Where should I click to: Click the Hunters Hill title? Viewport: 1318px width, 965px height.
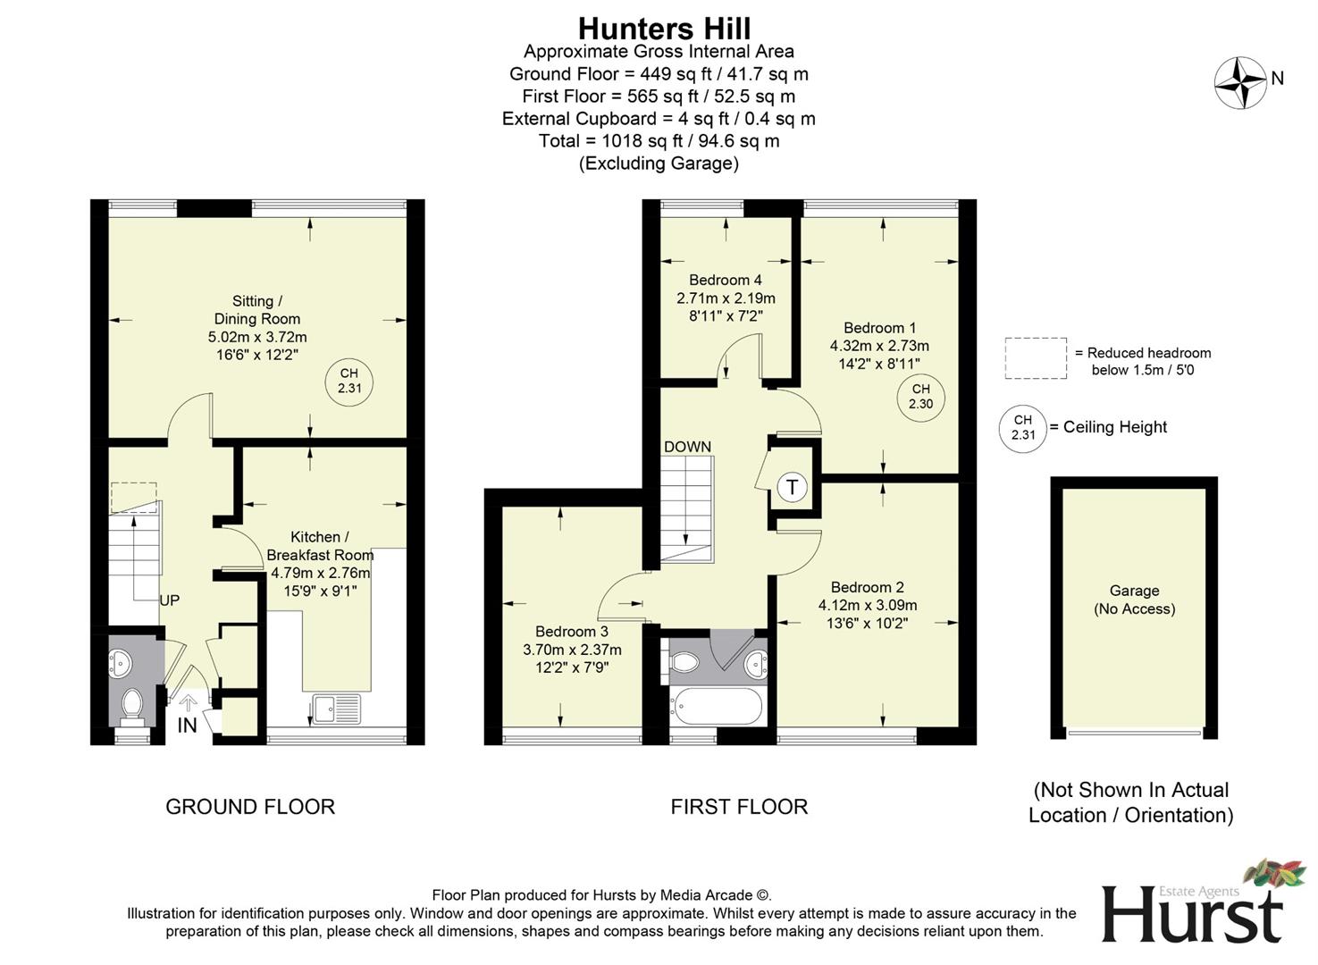pyautogui.click(x=664, y=29)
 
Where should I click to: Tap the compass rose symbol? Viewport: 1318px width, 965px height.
pyautogui.click(x=1240, y=82)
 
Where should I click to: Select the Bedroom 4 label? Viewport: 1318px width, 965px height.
pyautogui.click(x=725, y=280)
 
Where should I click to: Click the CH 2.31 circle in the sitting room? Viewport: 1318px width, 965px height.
pyautogui.click(x=348, y=382)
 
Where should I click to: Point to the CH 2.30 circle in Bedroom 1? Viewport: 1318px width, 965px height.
pyautogui.click(x=920, y=397)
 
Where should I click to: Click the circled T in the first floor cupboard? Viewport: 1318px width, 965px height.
pyautogui.click(x=792, y=488)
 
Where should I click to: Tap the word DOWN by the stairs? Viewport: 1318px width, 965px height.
pyautogui.click(x=687, y=447)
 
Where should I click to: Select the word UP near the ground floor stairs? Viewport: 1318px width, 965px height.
pyautogui.click(x=169, y=600)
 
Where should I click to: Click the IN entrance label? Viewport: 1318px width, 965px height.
pyautogui.click(x=187, y=726)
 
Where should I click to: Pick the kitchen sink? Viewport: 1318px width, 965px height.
pyautogui.click(x=336, y=709)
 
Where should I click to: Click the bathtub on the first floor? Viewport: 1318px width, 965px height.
pyautogui.click(x=718, y=707)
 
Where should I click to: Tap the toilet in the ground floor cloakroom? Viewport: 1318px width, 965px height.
pyautogui.click(x=132, y=704)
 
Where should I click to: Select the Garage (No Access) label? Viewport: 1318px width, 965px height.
pyautogui.click(x=1134, y=600)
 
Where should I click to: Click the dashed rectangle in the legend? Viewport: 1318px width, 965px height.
pyautogui.click(x=1036, y=358)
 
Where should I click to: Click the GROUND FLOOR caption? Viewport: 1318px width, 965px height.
pyautogui.click(x=250, y=807)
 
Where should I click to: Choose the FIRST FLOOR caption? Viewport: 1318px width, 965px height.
pyautogui.click(x=739, y=807)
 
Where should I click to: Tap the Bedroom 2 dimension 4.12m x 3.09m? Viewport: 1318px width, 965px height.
pyautogui.click(x=867, y=605)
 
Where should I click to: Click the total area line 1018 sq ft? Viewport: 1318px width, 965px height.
pyautogui.click(x=659, y=141)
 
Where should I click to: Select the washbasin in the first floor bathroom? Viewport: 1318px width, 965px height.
pyautogui.click(x=756, y=663)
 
